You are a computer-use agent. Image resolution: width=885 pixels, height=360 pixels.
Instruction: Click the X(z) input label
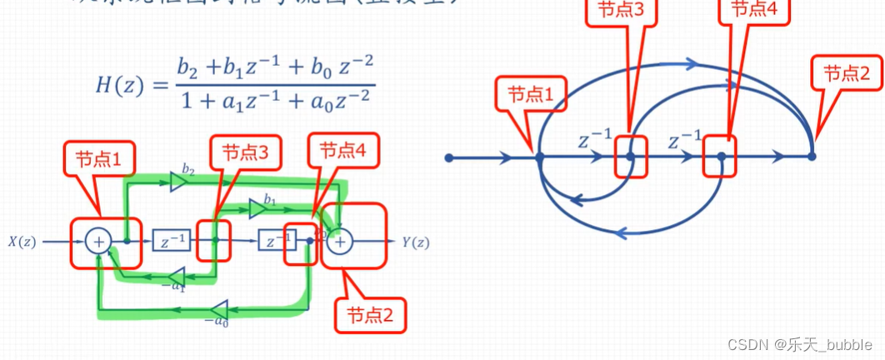click(x=22, y=242)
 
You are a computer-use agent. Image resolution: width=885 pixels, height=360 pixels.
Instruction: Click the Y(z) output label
click(x=416, y=242)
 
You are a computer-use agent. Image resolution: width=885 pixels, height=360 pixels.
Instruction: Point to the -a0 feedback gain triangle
click(x=220, y=308)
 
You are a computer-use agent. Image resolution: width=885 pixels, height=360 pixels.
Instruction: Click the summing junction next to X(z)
click(x=97, y=242)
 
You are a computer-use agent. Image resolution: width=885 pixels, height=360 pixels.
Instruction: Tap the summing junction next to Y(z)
click(x=341, y=242)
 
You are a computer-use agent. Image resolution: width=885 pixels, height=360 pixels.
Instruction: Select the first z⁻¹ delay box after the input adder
click(x=172, y=242)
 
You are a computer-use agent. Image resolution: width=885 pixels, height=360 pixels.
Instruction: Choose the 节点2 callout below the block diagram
click(x=375, y=316)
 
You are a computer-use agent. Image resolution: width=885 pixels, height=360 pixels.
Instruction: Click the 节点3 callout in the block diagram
click(x=245, y=152)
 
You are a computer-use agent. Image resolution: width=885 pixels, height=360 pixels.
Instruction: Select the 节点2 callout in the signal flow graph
click(x=846, y=72)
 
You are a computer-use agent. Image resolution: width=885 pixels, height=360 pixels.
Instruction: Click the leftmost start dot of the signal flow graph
click(x=449, y=157)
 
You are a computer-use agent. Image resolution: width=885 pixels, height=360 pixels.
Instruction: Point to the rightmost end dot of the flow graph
click(x=812, y=156)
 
